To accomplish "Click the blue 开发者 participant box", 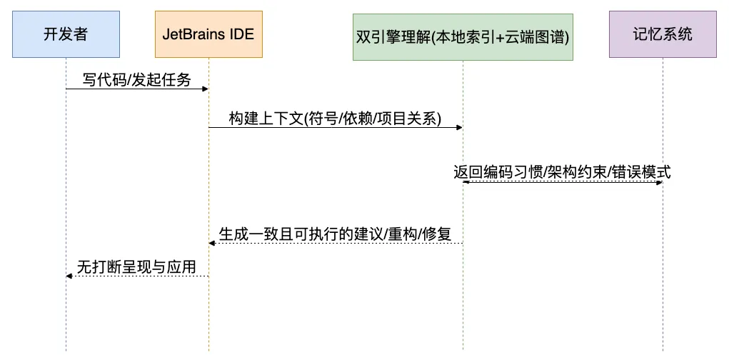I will coord(66,34).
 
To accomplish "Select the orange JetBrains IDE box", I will coord(208,34).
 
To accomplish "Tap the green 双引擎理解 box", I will coord(463,36).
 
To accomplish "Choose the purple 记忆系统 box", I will coord(662,34).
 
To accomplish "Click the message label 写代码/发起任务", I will coord(137,80).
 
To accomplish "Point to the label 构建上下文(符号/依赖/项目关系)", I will coord(336,119).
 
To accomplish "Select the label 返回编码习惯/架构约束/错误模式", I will coord(562,172).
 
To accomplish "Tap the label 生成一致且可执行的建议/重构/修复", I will coord(336,234).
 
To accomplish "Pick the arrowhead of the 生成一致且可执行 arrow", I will coord(212,244).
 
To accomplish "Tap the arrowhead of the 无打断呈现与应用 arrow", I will coord(69,276).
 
